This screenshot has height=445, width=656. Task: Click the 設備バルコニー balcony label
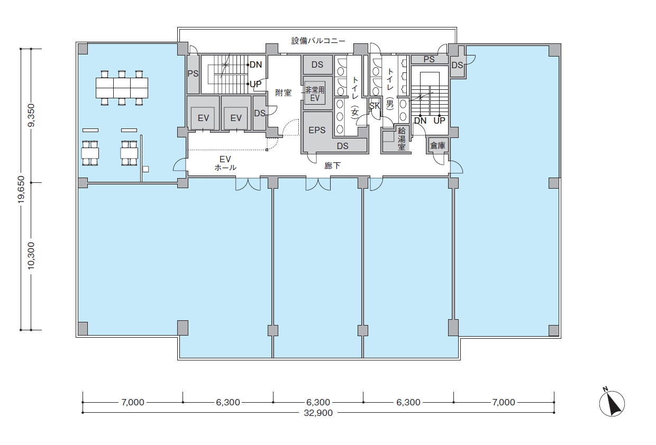(318, 41)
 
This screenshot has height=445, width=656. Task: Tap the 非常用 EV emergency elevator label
(315, 94)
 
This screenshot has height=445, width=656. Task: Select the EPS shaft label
(317, 130)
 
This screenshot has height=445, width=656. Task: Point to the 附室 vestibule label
(283, 92)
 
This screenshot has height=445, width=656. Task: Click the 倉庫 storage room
(438, 145)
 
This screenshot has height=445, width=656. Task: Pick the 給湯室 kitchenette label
(402, 138)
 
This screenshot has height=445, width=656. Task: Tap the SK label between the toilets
(374, 106)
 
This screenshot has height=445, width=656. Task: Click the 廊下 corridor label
(332, 166)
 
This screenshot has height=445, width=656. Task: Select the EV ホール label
(225, 163)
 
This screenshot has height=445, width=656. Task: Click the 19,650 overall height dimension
(21, 189)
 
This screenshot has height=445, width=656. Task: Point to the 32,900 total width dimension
(318, 413)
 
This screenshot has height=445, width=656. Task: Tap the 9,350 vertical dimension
(31, 115)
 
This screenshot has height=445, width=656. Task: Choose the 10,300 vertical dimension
(31, 256)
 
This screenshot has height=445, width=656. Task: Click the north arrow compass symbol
(612, 403)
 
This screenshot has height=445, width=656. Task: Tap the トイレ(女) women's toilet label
(355, 97)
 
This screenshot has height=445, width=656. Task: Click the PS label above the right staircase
(429, 59)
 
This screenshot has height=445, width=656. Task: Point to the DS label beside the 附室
(259, 113)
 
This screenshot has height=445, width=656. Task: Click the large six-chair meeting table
(122, 88)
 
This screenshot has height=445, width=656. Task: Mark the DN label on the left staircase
(256, 64)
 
